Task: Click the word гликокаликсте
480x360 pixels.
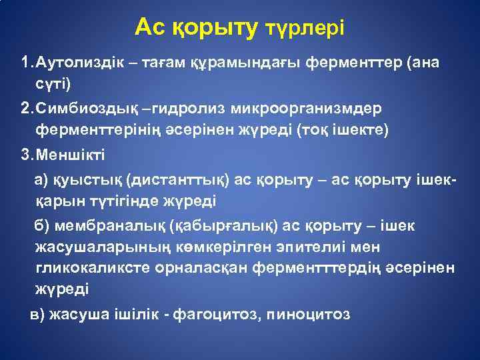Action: click(85, 268)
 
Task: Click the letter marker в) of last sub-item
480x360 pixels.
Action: click(38, 315)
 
